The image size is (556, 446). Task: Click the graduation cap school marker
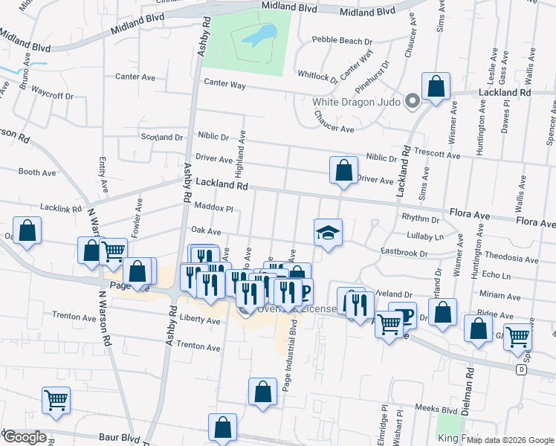(x=328, y=232)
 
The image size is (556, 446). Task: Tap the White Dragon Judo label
(x=358, y=102)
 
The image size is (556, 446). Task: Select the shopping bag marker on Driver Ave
(x=343, y=170)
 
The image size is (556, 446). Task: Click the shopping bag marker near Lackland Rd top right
(x=436, y=86)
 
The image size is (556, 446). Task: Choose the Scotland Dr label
(x=161, y=137)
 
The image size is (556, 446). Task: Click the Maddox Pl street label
(x=214, y=208)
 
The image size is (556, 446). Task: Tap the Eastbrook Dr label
(x=404, y=253)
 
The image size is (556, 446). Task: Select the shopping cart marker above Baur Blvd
(x=56, y=401)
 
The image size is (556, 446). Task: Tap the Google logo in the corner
(x=24, y=437)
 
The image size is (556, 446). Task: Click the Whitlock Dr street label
(x=318, y=76)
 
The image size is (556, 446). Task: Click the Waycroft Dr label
(x=52, y=96)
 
